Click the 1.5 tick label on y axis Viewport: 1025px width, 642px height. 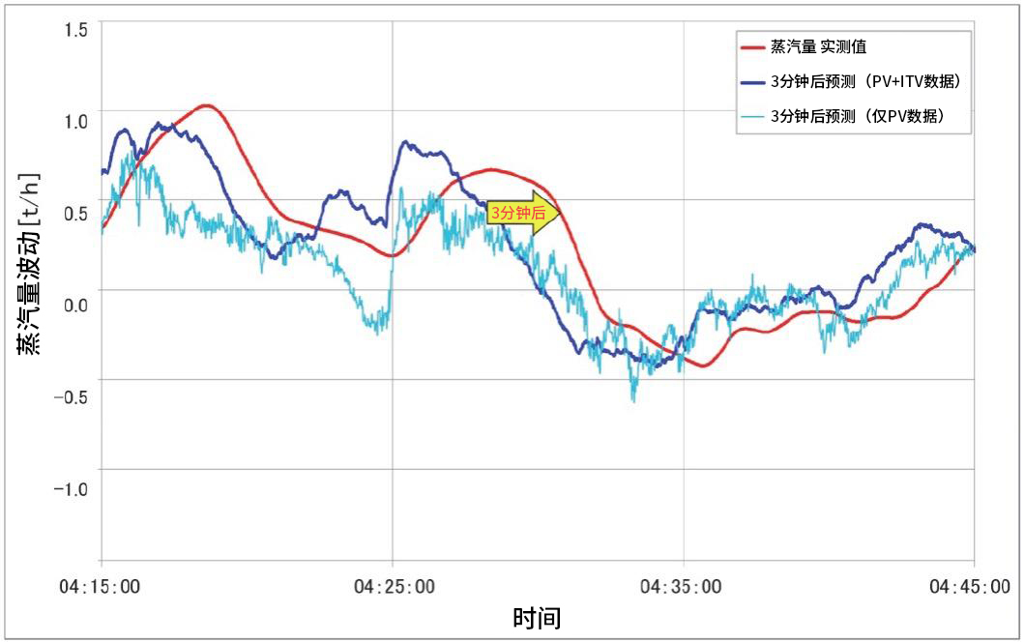point(75,29)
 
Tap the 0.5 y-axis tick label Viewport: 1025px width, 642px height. point(75,213)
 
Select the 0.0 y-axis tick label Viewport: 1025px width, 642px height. point(75,305)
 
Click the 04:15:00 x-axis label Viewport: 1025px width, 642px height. point(101,586)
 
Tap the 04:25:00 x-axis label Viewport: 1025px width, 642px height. point(393,586)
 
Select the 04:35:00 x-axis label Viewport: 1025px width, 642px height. point(683,586)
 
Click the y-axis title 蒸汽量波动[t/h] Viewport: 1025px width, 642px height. point(28,262)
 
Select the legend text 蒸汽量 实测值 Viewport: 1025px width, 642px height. point(818,46)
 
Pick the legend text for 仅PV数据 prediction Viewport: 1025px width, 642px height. point(857,116)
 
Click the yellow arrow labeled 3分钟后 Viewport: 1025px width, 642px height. point(523,214)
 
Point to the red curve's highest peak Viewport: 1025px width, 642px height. point(205,105)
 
